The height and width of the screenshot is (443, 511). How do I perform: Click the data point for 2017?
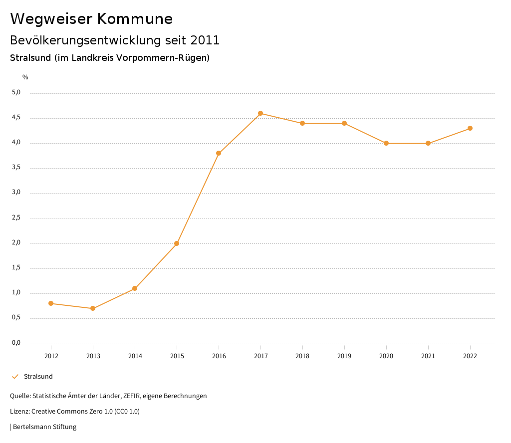click(260, 113)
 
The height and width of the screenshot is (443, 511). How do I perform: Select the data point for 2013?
click(93, 308)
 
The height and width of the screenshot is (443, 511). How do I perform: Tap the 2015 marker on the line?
click(177, 243)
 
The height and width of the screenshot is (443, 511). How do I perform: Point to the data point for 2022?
click(470, 128)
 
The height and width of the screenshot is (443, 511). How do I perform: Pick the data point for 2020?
click(386, 143)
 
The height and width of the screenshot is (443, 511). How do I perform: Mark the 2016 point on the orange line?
click(219, 153)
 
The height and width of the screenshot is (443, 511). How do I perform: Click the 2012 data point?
click(51, 303)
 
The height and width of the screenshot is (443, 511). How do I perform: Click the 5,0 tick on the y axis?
click(16, 92)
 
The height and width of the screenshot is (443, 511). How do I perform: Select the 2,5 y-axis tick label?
click(16, 218)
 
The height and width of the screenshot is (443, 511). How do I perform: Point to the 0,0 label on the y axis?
click(16, 343)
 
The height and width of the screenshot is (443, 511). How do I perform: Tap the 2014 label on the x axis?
click(135, 356)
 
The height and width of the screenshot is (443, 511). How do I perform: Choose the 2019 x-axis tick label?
click(344, 356)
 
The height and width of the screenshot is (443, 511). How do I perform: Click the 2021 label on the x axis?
click(428, 356)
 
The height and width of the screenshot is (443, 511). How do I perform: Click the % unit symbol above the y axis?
click(25, 77)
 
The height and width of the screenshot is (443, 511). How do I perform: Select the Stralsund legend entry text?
click(38, 377)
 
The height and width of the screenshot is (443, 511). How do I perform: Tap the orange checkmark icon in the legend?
click(15, 377)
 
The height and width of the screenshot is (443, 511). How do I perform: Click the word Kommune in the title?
click(135, 19)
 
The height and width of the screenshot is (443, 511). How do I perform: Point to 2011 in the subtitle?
click(205, 40)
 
